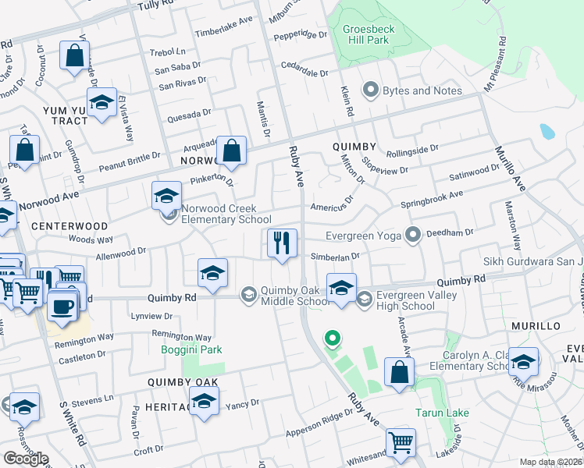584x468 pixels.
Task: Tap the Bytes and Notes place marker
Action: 371,90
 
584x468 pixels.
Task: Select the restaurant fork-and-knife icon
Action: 281,243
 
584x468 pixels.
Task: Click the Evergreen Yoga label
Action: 362,233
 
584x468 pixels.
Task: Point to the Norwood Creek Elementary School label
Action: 226,214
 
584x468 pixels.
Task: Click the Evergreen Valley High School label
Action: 405,300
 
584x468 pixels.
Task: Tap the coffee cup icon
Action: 62,305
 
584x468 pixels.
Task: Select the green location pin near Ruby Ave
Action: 333,339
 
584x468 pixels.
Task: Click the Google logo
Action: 26,458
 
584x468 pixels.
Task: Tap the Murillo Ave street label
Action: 510,167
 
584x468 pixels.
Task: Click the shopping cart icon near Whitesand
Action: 401,441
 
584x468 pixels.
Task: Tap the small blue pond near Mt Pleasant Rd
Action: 547,130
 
